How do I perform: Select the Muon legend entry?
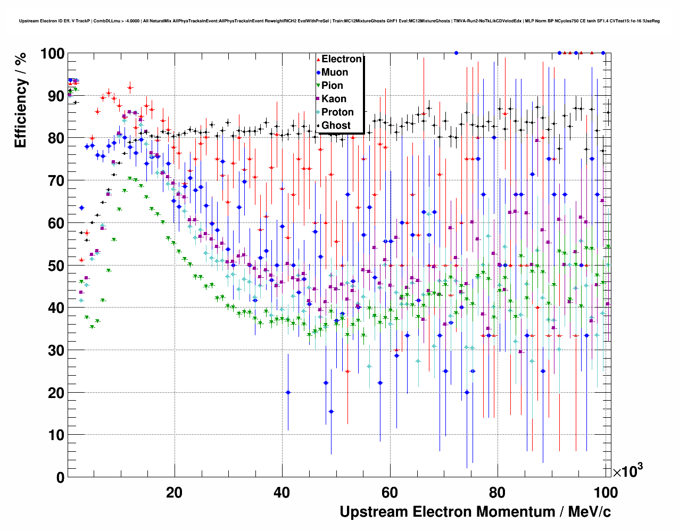[x=334, y=72]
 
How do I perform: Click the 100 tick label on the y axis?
[x=52, y=54]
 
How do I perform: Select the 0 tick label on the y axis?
[x=60, y=477]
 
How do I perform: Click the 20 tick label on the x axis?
[x=174, y=492]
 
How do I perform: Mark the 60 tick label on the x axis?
[x=390, y=492]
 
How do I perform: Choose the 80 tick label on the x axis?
[x=498, y=492]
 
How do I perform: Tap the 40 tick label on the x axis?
[x=282, y=492]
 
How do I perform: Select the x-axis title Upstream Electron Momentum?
[x=475, y=512]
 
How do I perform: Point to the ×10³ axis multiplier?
[x=627, y=470]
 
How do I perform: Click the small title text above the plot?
[x=339, y=21]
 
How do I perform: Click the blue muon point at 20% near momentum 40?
[x=288, y=392]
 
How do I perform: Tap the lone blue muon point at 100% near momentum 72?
[x=456, y=53]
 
